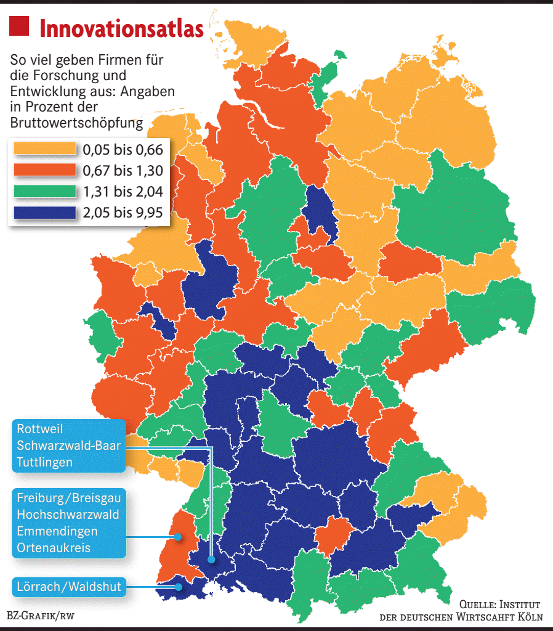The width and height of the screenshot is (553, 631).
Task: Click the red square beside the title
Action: [19, 26]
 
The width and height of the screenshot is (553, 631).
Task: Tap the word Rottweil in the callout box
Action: [40, 428]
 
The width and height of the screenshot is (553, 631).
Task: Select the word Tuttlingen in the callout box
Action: [45, 462]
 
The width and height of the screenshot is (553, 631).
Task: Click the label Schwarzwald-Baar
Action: [68, 445]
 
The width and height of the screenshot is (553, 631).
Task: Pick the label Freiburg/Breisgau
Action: [68, 497]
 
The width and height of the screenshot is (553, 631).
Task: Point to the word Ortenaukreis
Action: [54, 547]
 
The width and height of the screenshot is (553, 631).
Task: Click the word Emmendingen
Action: [57, 531]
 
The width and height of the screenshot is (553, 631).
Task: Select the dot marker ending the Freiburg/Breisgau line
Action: [177, 537]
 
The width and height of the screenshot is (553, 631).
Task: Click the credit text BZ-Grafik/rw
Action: [37, 616]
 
